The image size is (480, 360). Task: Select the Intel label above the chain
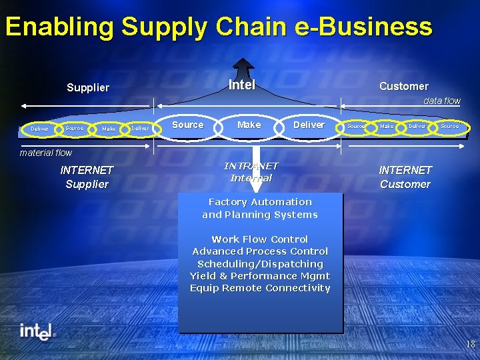[x=242, y=85]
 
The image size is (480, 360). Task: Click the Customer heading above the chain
[x=403, y=86]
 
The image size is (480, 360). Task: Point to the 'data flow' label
[x=442, y=101]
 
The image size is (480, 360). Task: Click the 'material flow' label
[x=45, y=153]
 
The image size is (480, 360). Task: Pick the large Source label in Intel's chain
[x=188, y=125]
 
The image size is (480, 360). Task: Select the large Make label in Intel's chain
[x=249, y=125]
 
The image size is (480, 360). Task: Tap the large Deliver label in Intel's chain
[x=309, y=125]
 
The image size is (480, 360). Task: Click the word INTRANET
[x=251, y=165]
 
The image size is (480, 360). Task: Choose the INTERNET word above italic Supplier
[x=87, y=170]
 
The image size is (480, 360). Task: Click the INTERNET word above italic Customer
[x=405, y=170]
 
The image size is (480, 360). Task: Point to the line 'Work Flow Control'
[x=260, y=239]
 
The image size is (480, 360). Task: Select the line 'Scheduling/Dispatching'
[x=260, y=264]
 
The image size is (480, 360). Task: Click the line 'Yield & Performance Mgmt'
[x=260, y=276]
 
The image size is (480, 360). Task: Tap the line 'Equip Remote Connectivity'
[x=260, y=288]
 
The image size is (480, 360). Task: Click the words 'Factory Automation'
[x=260, y=202]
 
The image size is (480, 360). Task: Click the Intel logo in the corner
[x=37, y=331]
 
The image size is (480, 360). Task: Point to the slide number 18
[x=470, y=345]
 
